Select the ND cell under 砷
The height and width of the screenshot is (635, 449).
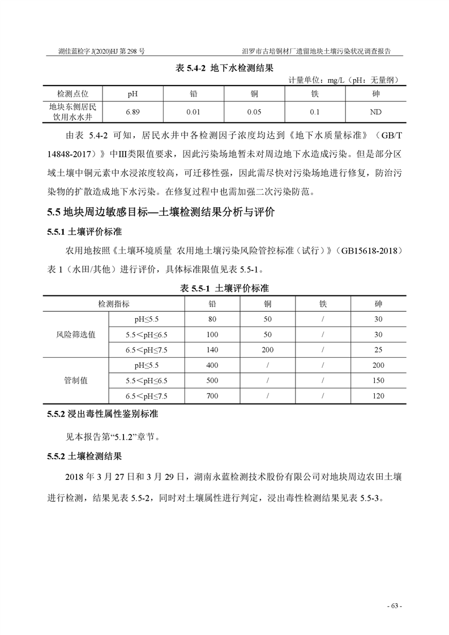pos(375,112)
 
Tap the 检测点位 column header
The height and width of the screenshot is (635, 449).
pos(72,93)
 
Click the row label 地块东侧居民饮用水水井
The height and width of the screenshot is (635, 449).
pos(72,112)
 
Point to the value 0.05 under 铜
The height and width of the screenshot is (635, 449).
pos(254,112)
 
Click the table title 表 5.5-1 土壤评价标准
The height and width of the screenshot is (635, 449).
pos(224,288)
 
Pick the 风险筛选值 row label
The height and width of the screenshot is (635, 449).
pos(80,334)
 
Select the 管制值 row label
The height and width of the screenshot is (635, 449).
pos(76,380)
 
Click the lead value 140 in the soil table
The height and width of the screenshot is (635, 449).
pos(212,350)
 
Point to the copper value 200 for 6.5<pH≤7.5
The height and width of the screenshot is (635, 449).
pos(267,350)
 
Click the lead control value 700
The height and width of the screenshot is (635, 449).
pos(212,396)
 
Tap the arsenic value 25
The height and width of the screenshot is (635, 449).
pos(378,350)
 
